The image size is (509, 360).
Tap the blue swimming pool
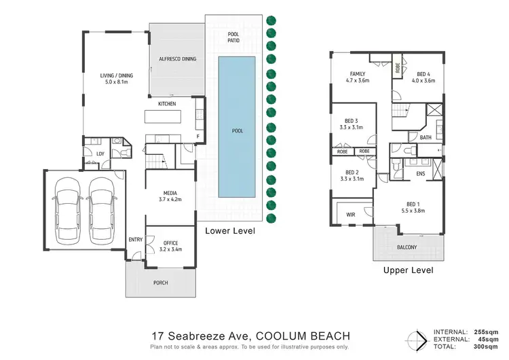[237, 128]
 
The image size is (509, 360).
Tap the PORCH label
[160, 283]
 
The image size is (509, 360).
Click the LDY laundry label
[100, 154]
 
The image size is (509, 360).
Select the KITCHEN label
[167, 104]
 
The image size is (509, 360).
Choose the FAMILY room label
[358, 73]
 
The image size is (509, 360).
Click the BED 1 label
[415, 204]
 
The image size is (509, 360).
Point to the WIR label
[351, 215]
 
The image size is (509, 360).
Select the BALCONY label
[407, 247]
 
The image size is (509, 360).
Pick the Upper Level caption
[408, 270]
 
